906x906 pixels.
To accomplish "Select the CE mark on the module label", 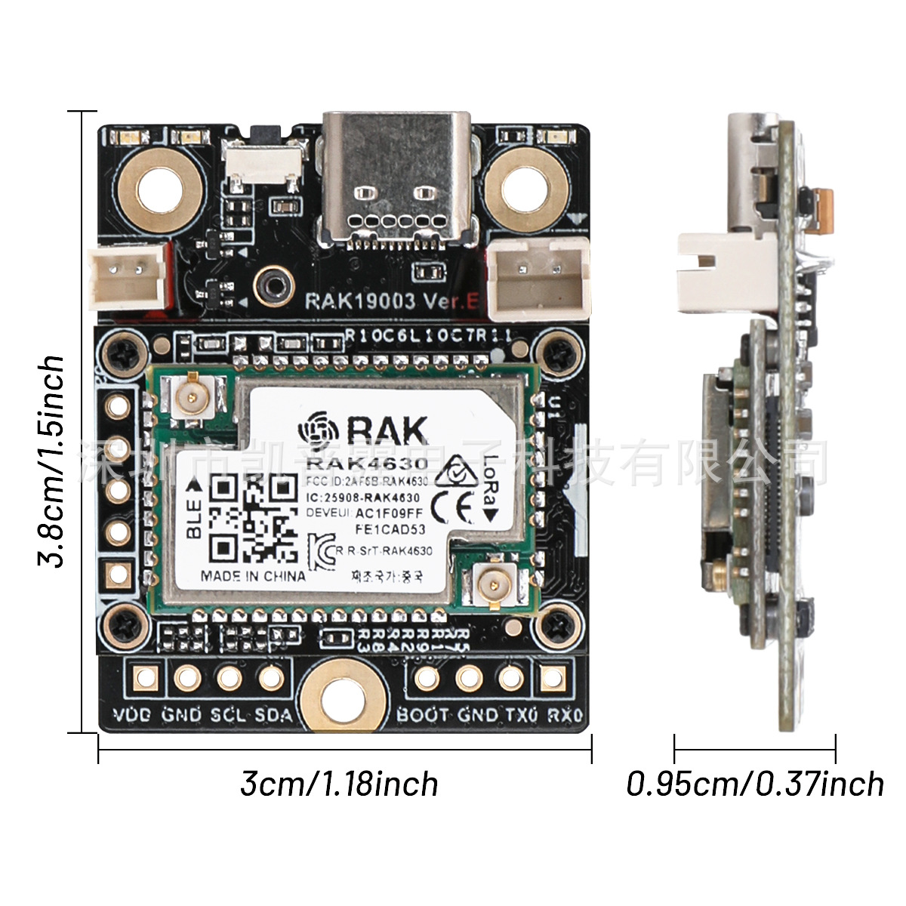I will [x=451, y=507].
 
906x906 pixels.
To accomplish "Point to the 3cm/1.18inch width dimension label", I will [x=339, y=784].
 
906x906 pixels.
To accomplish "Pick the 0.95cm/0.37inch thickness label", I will [x=755, y=784].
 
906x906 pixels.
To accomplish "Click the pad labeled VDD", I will [x=143, y=677].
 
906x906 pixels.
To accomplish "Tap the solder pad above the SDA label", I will [x=270, y=677].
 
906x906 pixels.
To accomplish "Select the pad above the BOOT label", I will [x=427, y=677].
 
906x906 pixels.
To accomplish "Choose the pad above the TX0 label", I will [x=512, y=677].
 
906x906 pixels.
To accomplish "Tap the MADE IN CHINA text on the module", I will [x=253, y=576].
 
